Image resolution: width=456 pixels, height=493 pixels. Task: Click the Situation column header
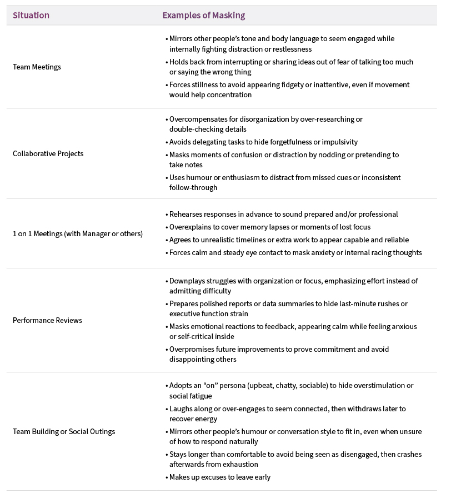pos(31,16)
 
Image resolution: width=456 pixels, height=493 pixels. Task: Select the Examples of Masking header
pos(203,16)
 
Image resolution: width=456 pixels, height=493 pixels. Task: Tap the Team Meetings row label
pos(37,67)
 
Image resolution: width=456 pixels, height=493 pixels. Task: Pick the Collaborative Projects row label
pos(48,153)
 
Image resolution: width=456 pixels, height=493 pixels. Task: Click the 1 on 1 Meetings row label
pos(78,233)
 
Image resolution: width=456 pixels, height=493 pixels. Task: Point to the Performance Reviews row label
pos(47,320)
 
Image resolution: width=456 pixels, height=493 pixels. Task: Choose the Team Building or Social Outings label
pos(64,431)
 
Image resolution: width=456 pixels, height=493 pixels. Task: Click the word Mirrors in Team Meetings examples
pos(182,39)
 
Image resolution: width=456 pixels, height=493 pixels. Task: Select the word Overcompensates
pos(198,119)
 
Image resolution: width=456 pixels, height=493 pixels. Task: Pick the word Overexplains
pos(189,227)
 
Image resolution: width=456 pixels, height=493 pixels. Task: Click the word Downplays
pos(187,281)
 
